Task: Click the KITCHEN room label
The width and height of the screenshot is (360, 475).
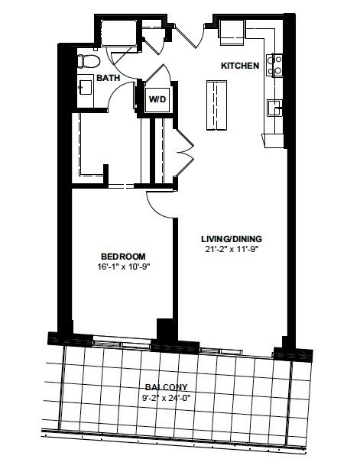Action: (240, 66)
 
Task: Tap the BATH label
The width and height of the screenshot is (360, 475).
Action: (109, 78)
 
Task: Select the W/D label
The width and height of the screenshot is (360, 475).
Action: (157, 99)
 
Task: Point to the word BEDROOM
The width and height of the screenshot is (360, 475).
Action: (123, 257)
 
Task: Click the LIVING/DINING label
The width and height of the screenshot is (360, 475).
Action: (232, 239)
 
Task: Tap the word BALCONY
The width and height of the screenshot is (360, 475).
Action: (166, 387)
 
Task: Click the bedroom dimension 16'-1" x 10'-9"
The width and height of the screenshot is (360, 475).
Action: (123, 267)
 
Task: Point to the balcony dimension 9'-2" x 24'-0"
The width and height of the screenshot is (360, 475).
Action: (166, 397)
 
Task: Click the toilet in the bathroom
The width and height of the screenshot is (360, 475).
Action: (88, 61)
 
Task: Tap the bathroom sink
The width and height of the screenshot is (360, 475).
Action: (86, 87)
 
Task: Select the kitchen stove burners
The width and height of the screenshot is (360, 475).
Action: (274, 65)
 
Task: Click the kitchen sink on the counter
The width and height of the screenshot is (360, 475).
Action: (274, 108)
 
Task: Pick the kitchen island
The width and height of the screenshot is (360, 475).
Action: (216, 105)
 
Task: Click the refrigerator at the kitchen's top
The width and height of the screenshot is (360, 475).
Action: (232, 32)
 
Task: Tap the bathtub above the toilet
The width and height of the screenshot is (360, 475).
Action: (118, 33)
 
